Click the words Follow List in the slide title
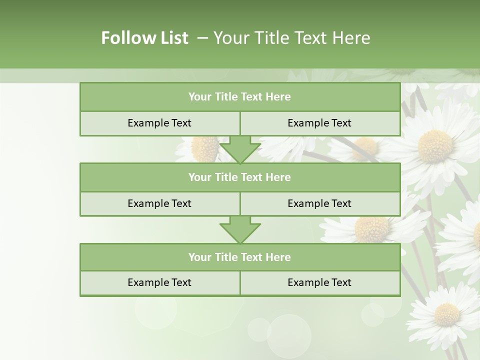(144, 38)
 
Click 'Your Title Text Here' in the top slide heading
(291, 38)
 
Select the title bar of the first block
(239, 97)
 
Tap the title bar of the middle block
(239, 177)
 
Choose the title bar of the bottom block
(239, 257)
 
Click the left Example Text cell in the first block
(159, 123)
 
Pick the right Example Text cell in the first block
(319, 123)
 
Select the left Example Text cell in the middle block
(159, 203)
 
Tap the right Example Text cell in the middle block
(319, 203)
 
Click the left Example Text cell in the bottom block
(159, 282)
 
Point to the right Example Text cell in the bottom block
(319, 282)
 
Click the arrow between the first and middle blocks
(240, 149)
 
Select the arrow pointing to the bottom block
(240, 229)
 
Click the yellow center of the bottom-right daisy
(446, 314)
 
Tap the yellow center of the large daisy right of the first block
(435, 146)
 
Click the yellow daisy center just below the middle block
(371, 228)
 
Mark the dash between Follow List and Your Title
(202, 38)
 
